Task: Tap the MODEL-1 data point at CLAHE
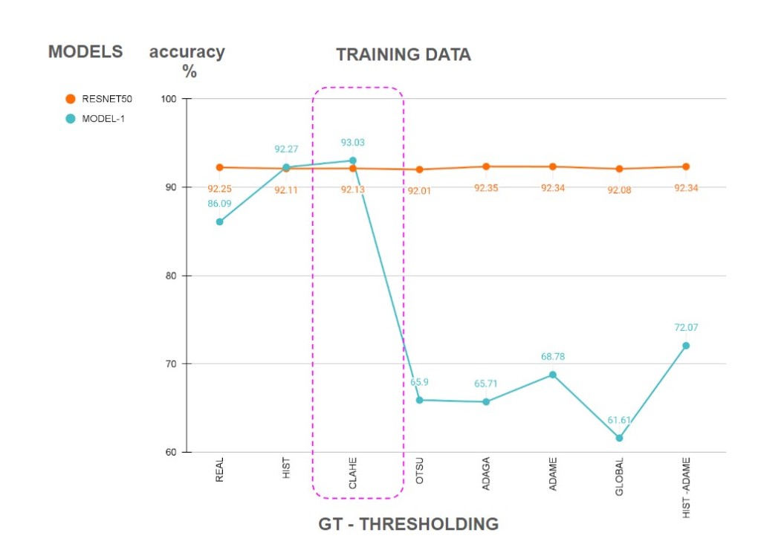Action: click(353, 161)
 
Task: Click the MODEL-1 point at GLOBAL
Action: click(619, 438)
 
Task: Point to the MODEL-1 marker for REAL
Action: click(220, 222)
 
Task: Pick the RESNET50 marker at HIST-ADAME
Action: click(686, 167)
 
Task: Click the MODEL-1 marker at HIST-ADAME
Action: click(686, 346)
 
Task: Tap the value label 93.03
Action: click(353, 143)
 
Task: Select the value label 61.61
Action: click(619, 420)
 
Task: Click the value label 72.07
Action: click(686, 327)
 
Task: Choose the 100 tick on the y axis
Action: click(169, 99)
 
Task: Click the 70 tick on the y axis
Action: click(172, 364)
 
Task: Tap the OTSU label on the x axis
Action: click(420, 470)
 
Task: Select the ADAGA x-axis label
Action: click(486, 473)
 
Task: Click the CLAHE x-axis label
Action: click(353, 473)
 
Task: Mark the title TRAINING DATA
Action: click(403, 54)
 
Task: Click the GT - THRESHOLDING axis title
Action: click(409, 524)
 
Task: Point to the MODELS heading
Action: click(85, 52)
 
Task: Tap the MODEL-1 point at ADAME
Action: click(552, 375)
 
